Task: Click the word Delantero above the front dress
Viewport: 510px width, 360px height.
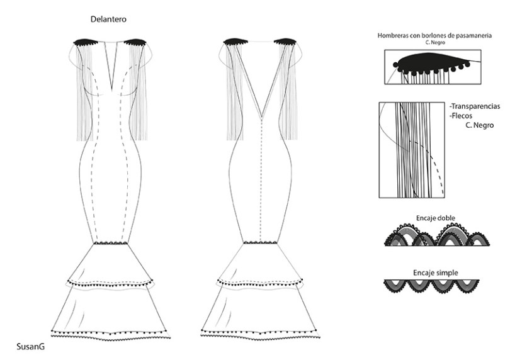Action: tap(109, 20)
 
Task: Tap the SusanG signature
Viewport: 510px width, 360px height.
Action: tap(31, 346)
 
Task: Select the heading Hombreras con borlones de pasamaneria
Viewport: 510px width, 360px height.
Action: tap(434, 36)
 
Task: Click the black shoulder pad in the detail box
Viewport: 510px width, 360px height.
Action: tap(431, 62)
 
